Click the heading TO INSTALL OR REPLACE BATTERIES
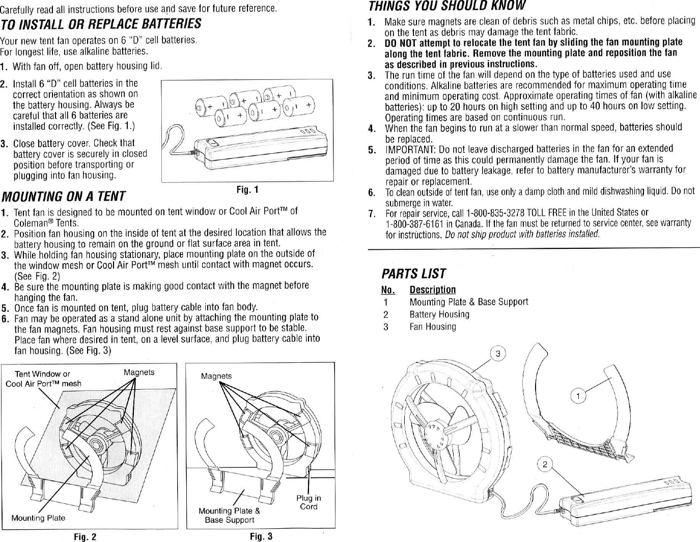(x=100, y=24)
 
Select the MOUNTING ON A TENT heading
(x=64, y=196)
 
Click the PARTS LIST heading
(x=413, y=274)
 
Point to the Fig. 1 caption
(x=247, y=190)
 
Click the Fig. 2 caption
(x=85, y=537)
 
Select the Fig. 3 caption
(x=261, y=536)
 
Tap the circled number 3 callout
(x=498, y=354)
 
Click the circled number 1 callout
(x=577, y=395)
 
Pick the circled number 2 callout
(x=545, y=464)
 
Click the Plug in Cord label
(x=309, y=502)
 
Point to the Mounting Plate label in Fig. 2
(x=38, y=518)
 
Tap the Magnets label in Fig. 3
(x=216, y=376)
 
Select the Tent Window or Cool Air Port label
(x=43, y=379)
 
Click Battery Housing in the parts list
(x=439, y=315)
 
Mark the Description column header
(x=432, y=290)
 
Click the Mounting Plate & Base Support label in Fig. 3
(x=229, y=515)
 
